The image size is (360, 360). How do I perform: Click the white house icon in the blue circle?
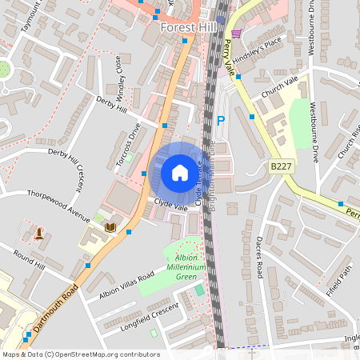[x=179, y=173]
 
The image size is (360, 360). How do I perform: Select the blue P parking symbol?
[x=221, y=121]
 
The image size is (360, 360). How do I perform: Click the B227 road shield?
[x=281, y=166]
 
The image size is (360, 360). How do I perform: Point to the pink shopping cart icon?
[x=236, y=33]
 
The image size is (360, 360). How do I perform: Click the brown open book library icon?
[x=110, y=228]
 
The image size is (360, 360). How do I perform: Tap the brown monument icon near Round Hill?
[x=39, y=233]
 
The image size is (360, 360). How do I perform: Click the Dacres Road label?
[x=259, y=256]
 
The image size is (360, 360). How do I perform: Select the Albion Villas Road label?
[x=126, y=286]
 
